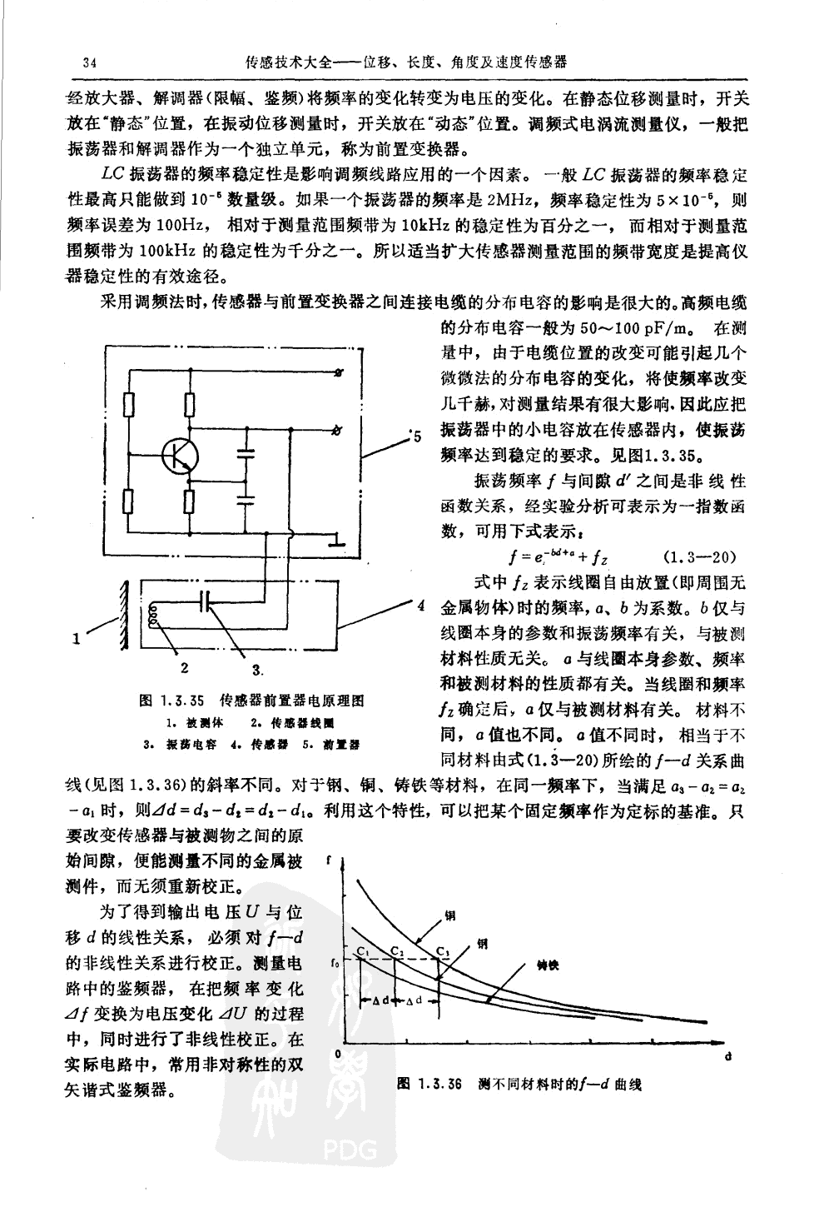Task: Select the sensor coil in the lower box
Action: click(x=153, y=617)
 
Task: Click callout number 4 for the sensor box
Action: click(x=422, y=604)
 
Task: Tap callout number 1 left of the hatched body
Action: click(x=77, y=640)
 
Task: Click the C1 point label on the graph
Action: click(x=363, y=951)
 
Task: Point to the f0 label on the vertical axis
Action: click(x=334, y=964)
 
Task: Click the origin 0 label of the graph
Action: click(x=337, y=1055)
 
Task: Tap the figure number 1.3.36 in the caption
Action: click(x=441, y=1084)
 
